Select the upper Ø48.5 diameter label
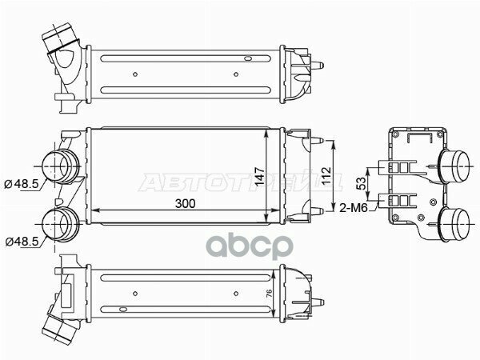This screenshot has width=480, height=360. click(22, 185)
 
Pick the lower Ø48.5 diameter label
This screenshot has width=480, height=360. click(22, 241)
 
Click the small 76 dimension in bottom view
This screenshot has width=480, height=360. click(270, 292)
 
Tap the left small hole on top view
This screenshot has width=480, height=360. click(137, 74)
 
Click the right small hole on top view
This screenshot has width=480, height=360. click(236, 74)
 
